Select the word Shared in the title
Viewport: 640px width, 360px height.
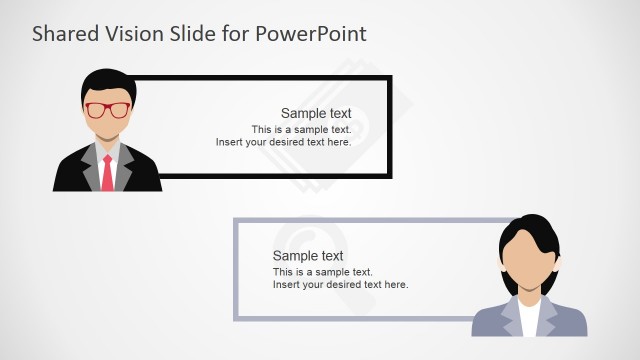[61, 34]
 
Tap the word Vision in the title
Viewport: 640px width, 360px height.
[132, 34]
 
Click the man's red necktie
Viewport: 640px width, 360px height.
[107, 171]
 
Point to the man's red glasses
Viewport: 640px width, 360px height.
[107, 110]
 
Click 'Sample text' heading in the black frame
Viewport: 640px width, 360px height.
[316, 113]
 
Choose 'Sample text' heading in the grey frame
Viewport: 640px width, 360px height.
[308, 256]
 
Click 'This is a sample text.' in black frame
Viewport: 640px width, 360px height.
[301, 129]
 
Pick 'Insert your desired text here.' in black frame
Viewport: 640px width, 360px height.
[283, 142]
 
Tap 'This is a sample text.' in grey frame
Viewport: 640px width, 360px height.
[322, 272]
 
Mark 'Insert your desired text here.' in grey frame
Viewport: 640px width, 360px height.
[340, 285]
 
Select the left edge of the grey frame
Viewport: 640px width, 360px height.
[236, 270]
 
